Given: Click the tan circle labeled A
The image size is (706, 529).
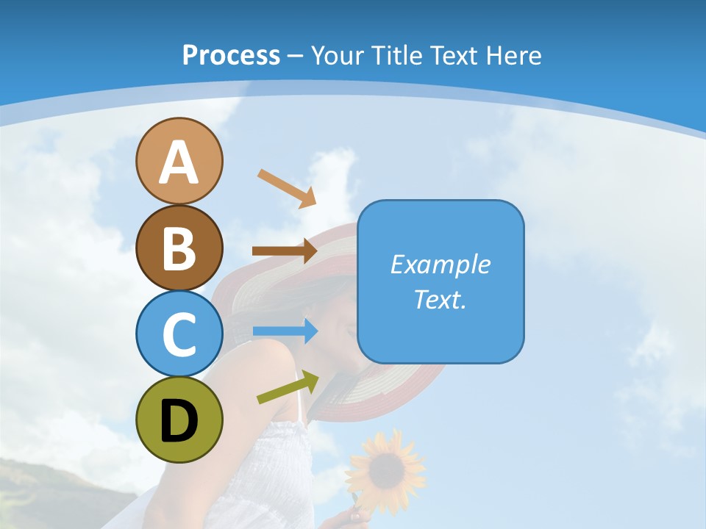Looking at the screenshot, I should click(179, 161).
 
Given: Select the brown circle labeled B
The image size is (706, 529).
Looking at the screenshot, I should click(179, 248).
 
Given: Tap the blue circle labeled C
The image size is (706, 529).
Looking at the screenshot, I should click(179, 334).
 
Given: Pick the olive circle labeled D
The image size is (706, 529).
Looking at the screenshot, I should click(179, 420).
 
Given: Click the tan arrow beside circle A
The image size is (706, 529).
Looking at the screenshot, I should click(287, 188).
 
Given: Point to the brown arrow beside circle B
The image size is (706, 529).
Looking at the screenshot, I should click(285, 251).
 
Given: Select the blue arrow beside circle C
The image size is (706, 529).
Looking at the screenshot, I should click(285, 331).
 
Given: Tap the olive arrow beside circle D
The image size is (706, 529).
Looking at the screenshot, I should click(288, 387).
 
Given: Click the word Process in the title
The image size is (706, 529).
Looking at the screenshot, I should click(231, 55).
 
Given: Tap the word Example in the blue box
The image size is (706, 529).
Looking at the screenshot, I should click(440, 264).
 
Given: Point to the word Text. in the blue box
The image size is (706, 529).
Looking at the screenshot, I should click(440, 299).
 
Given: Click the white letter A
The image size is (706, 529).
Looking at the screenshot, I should click(179, 162).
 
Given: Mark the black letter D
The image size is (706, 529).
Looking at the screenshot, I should click(179, 421).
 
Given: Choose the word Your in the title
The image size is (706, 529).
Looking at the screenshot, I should click(338, 55).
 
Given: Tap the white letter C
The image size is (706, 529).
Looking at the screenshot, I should click(179, 334).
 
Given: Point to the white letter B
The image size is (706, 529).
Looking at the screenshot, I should click(179, 248).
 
